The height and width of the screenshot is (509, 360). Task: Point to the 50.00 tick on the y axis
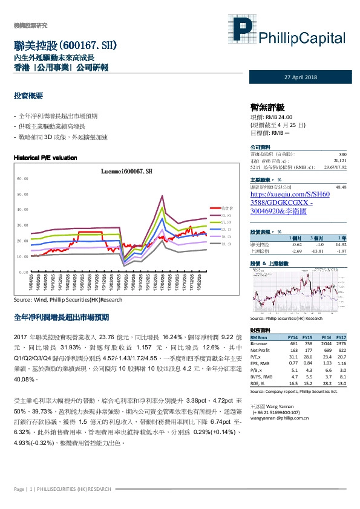pos(23,194)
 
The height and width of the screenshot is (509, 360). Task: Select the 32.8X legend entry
pos(226,215)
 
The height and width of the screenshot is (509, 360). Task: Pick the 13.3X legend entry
pos(226,244)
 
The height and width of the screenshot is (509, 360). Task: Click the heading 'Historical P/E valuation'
pos(45,158)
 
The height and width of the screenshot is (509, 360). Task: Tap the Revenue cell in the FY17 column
pos(340,342)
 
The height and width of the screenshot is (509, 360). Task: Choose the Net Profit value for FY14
pos(293,349)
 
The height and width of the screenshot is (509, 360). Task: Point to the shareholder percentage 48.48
pos(340,188)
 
